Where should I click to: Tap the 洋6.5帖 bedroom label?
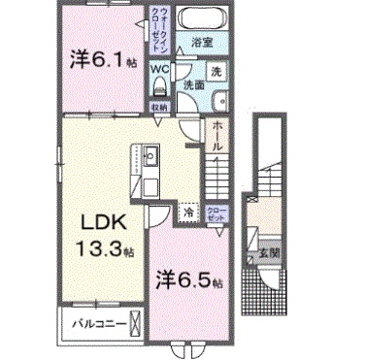[x=190, y=280]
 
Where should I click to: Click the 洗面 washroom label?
[x=195, y=85]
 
